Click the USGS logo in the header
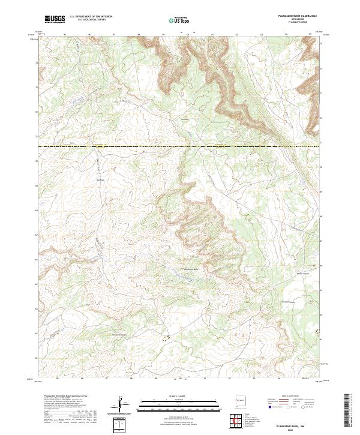click(55, 20)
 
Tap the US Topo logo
click(179, 20)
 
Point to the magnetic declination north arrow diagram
click(122, 404)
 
